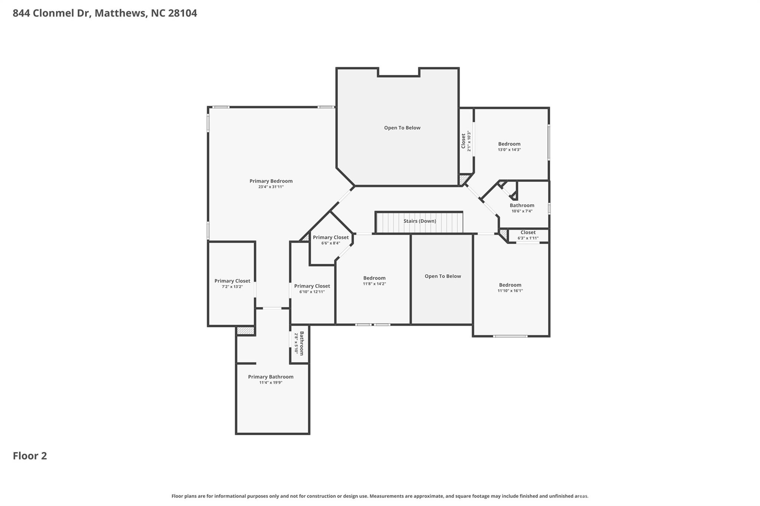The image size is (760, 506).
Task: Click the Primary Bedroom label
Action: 271,181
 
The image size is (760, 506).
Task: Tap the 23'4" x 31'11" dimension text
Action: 271,187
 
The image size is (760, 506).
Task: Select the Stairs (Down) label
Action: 420,221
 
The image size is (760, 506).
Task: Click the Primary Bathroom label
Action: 271,377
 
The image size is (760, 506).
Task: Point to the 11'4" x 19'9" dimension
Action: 271,383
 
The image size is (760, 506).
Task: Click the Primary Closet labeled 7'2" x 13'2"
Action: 232,281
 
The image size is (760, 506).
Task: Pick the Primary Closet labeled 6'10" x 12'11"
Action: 312,286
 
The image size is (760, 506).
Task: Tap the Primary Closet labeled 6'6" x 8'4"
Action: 331,237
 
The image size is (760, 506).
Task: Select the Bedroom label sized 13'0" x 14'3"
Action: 509,144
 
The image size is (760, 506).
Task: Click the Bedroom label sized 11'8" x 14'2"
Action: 374,278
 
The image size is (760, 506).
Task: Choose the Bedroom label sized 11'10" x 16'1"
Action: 510,285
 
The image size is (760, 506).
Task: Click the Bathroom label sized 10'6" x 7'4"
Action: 522,205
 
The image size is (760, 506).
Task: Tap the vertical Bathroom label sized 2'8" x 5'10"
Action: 301,343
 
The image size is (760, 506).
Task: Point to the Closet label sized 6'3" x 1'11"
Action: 528,232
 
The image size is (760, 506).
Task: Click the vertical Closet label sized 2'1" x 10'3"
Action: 463,141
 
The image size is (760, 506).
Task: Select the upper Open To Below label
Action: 402,128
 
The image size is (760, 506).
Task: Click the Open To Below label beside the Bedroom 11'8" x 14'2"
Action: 442,276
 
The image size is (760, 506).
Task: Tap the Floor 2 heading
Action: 30,456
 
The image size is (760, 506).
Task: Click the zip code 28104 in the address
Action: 182,13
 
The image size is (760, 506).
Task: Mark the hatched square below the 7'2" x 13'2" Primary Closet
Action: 245,330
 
